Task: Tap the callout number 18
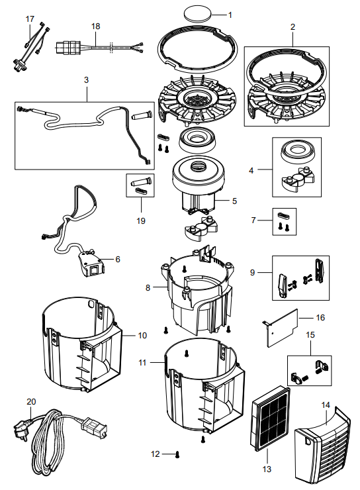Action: (95, 26)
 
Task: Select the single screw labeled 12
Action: (177, 454)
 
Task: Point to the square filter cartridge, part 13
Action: (271, 418)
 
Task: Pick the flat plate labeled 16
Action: (283, 328)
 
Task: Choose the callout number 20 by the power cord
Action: (31, 401)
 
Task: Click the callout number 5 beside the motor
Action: (234, 201)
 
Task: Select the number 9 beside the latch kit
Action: (252, 273)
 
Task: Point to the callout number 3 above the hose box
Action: (87, 79)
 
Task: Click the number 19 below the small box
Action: (141, 220)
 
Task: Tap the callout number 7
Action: (253, 220)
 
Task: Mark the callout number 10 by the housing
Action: (142, 335)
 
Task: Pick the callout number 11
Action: (142, 362)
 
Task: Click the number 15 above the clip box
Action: (310, 334)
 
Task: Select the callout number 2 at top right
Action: (292, 27)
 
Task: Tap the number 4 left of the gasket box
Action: (251, 170)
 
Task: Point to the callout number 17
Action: (30, 19)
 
